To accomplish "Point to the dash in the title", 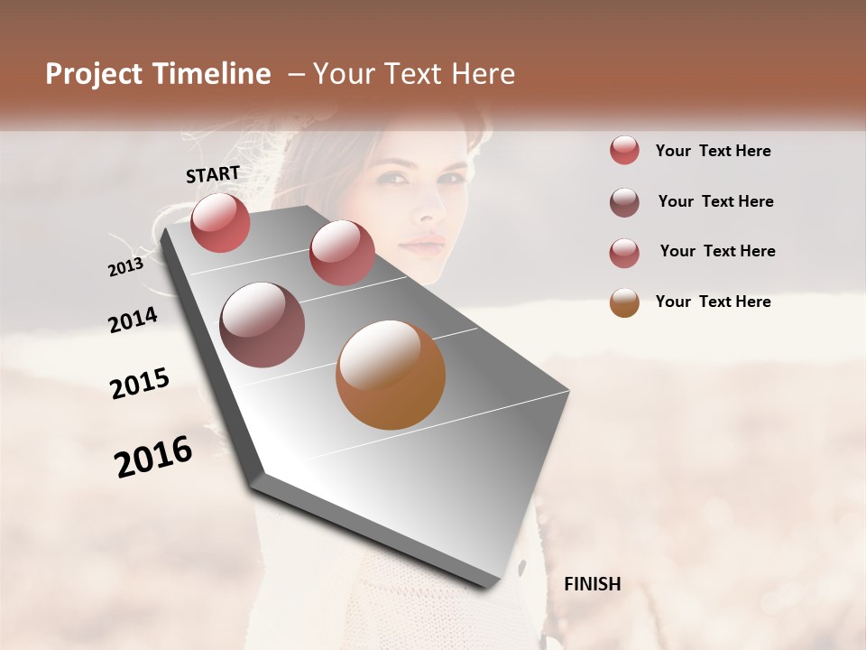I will tap(294, 76).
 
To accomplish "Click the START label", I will tap(213, 174).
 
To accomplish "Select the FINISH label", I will tap(592, 584).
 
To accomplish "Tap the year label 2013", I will tap(125, 267).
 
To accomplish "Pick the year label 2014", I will tap(133, 320).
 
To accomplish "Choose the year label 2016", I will tap(153, 457).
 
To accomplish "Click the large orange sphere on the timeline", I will tap(391, 375).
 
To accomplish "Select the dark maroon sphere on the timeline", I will tap(262, 325).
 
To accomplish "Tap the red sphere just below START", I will tap(220, 222).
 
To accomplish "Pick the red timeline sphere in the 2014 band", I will tap(341, 253).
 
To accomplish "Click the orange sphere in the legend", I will tap(624, 302).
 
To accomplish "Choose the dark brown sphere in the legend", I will tap(624, 202).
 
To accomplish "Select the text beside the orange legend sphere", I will tap(713, 302).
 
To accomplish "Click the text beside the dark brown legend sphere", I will tap(715, 201).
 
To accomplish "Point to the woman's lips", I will tap(421, 245).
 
